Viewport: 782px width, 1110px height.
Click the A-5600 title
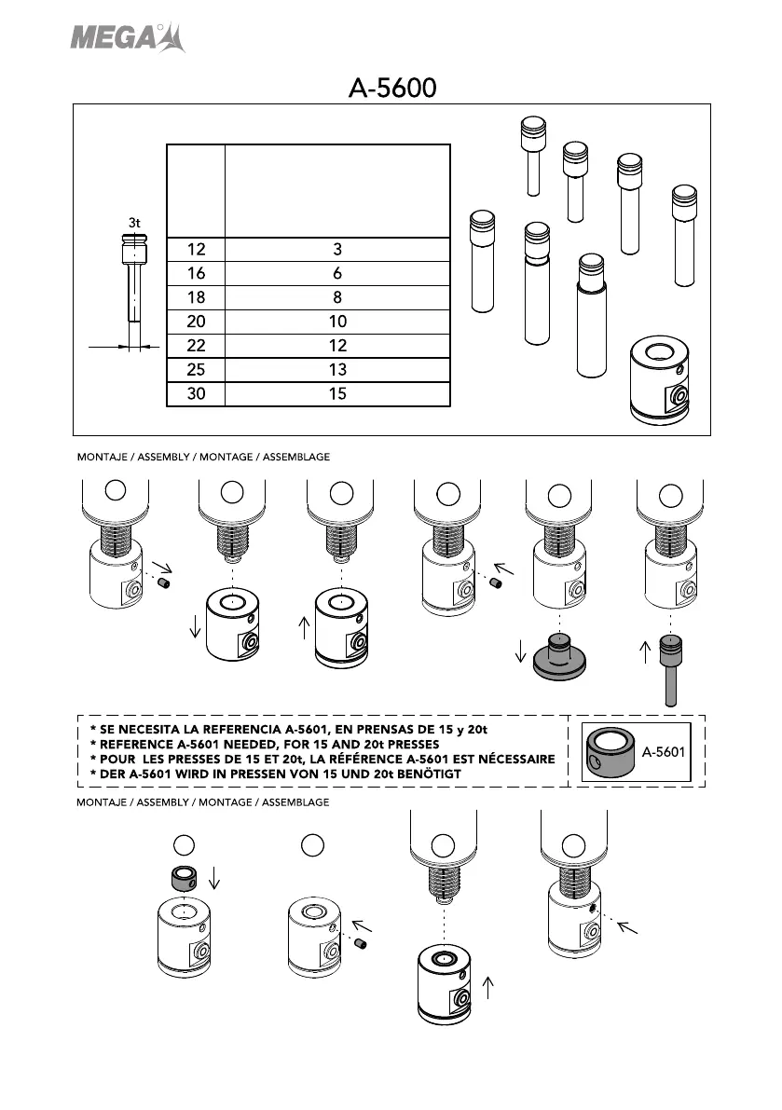[392, 89]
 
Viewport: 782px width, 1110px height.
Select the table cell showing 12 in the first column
[196, 250]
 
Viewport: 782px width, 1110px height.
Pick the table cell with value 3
[337, 250]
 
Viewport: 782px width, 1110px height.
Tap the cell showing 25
[196, 370]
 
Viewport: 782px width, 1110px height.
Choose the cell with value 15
[337, 394]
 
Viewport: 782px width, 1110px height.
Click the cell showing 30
[196, 394]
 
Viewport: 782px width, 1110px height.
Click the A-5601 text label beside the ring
[665, 751]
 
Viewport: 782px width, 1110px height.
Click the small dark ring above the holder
[184, 878]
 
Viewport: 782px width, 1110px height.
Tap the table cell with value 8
[337, 298]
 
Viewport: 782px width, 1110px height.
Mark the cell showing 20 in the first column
[196, 322]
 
